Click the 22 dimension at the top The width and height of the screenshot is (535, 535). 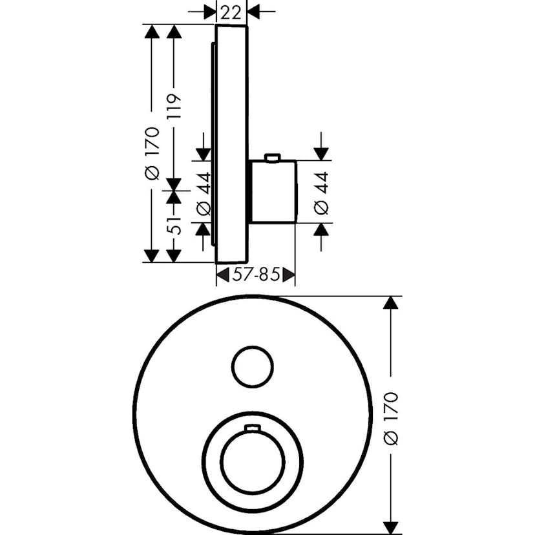click(231, 13)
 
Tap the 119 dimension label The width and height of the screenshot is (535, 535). click(174, 107)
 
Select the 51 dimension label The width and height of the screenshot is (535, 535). click(174, 225)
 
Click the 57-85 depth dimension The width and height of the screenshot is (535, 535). click(256, 275)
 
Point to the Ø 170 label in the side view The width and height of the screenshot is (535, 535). click(152, 154)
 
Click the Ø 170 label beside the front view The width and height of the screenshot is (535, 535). click(391, 419)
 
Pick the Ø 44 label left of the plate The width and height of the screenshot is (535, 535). click(204, 194)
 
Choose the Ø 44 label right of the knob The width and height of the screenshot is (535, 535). click(321, 193)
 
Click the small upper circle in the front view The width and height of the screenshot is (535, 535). click(253, 367)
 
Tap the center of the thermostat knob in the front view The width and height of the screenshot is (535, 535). click(253, 461)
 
